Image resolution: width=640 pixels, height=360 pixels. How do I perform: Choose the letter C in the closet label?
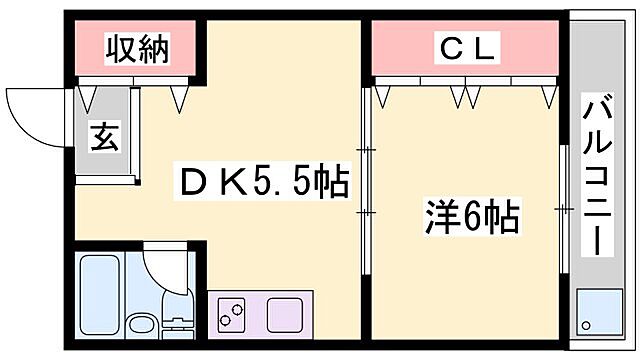point(446,47)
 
